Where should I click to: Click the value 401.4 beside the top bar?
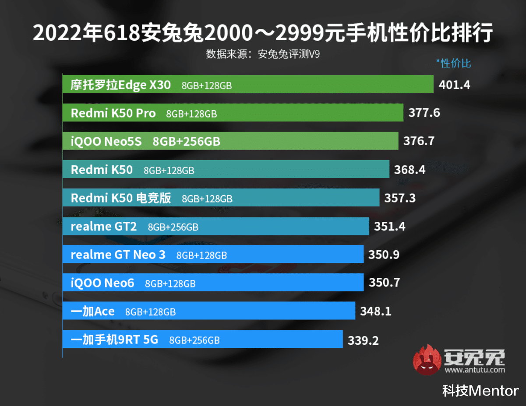click(454, 84)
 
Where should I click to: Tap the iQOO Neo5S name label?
click(106, 141)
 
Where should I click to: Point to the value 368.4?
click(410, 170)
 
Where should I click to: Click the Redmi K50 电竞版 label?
click(121, 198)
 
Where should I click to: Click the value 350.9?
click(384, 255)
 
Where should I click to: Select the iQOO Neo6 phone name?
click(102, 283)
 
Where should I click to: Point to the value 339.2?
click(363, 340)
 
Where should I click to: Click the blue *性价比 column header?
click(453, 63)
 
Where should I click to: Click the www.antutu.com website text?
click(475, 370)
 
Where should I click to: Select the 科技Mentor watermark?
click(480, 391)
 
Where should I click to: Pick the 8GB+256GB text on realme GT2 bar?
click(173, 227)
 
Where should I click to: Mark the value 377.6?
click(424, 113)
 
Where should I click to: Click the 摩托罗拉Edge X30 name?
click(121, 85)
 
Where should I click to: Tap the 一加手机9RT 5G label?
click(114, 340)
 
